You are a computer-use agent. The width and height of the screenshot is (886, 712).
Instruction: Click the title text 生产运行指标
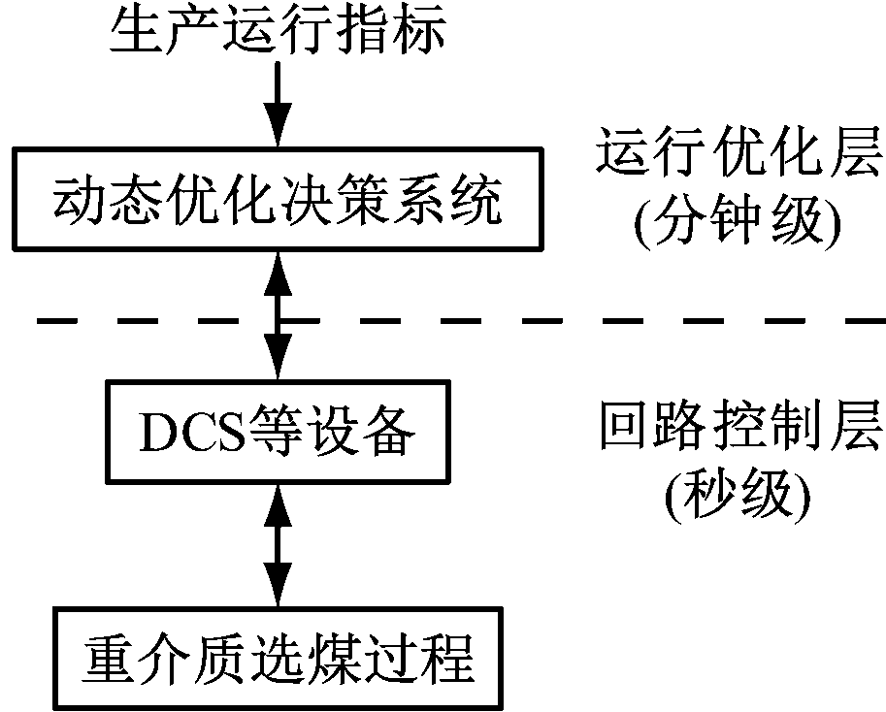point(279,35)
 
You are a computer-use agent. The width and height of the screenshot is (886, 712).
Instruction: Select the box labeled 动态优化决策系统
point(279,198)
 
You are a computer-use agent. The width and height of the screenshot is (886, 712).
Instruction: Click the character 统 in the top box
point(478,199)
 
